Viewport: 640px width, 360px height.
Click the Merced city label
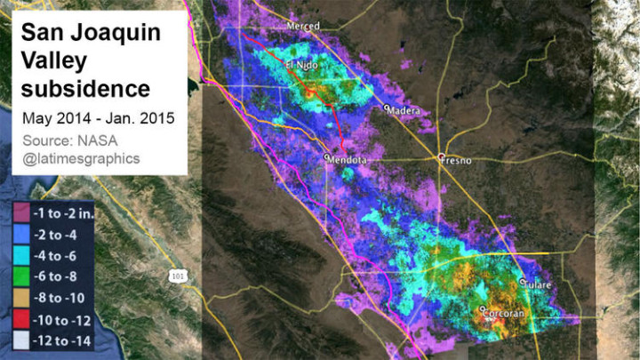(303, 27)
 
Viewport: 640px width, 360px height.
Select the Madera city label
(405, 111)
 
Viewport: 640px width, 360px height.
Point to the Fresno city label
(457, 160)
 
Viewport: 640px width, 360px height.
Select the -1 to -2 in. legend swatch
(20, 213)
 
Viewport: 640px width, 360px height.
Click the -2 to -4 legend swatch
(20, 234)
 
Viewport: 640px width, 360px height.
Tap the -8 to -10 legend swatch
(20, 295)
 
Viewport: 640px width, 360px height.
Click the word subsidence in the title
(85, 89)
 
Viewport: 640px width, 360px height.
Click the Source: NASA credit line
(70, 140)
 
